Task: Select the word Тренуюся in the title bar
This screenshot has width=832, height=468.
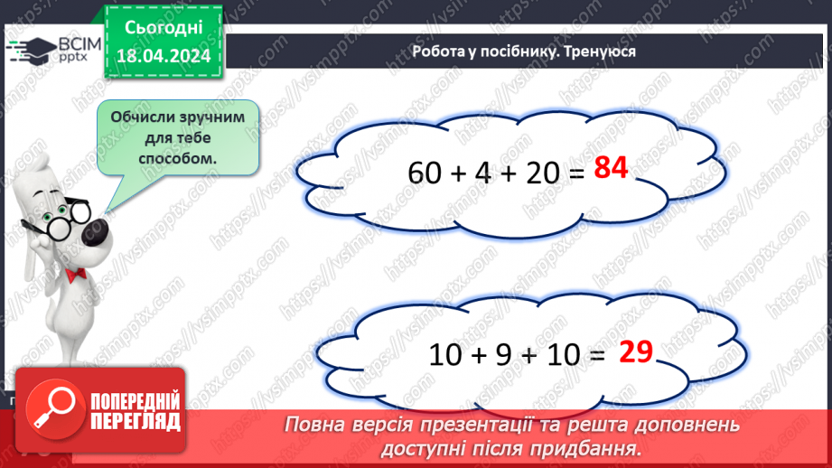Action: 601,51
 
